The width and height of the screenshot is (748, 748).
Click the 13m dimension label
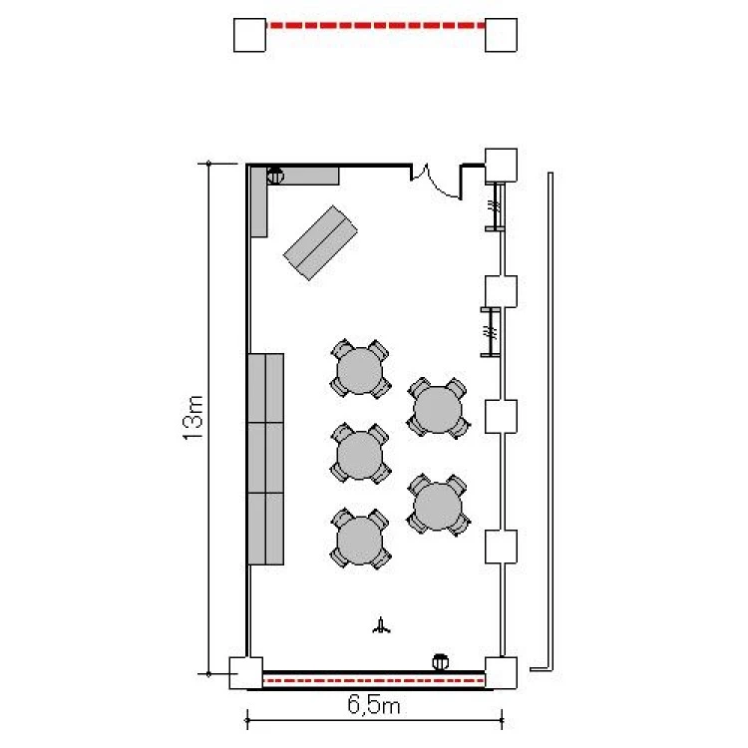(193, 418)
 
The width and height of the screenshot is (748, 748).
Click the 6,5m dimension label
(374, 704)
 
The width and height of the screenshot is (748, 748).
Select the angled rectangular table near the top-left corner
(320, 242)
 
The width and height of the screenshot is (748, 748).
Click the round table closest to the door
(360, 370)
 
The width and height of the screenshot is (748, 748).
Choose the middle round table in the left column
(360, 455)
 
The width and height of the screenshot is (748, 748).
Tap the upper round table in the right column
(438, 409)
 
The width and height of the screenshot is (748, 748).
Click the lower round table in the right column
(438, 506)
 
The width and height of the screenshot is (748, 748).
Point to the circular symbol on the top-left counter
(275, 176)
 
